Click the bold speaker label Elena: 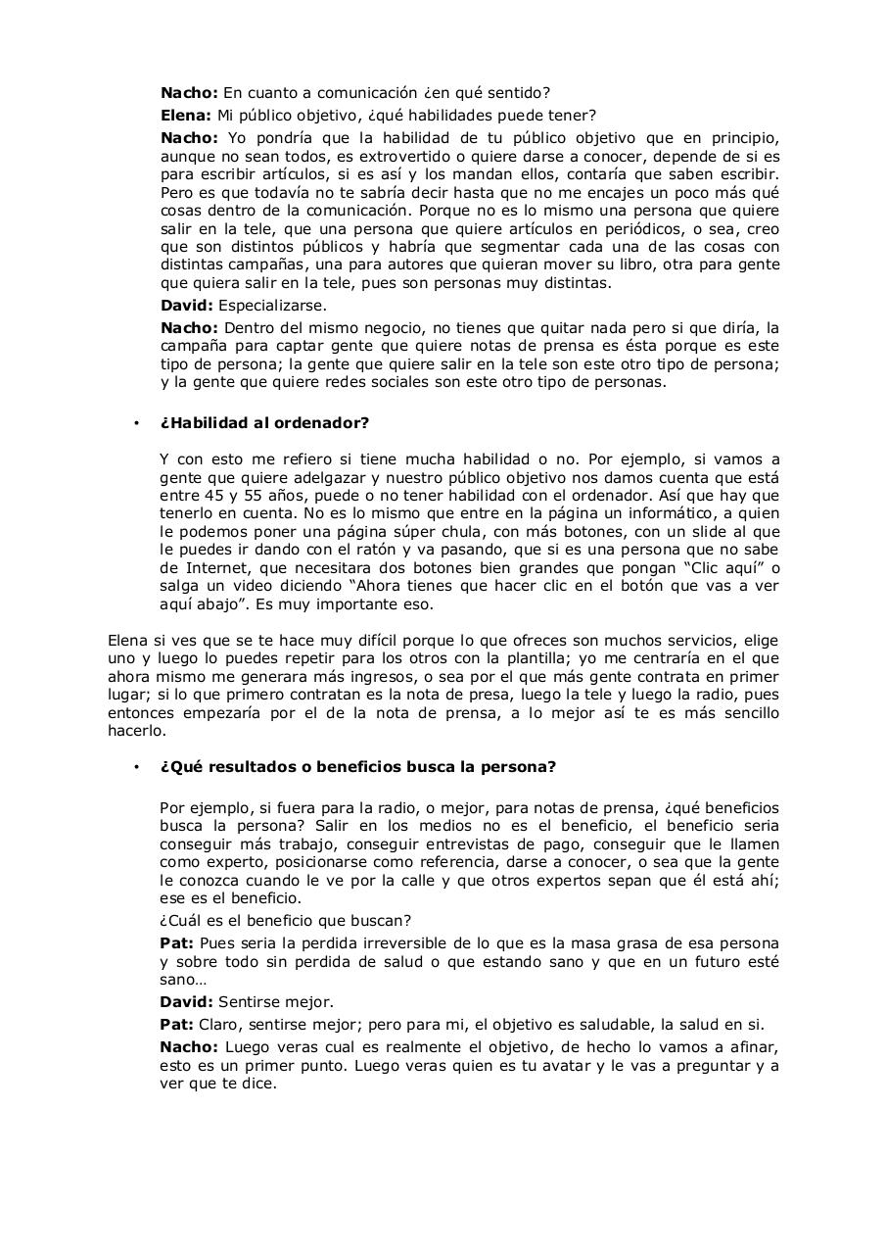pos(186,115)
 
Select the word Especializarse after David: pos(272,306)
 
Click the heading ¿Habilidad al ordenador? pos(264,423)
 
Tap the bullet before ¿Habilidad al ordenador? pos(136,423)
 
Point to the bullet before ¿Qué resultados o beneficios pos(136,767)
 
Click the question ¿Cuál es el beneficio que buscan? pos(285,920)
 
